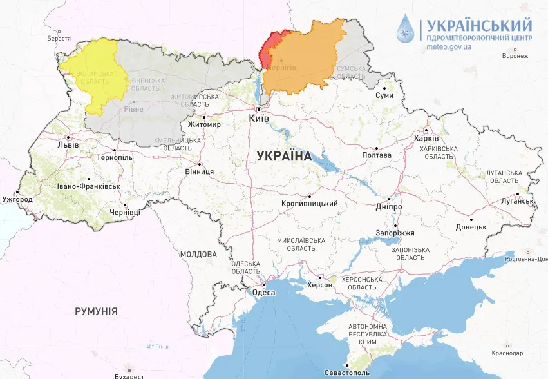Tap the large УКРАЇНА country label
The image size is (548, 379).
click(x=283, y=156)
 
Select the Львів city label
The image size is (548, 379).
click(x=68, y=144)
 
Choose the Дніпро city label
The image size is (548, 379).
click(x=388, y=207)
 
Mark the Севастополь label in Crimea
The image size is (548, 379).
click(x=347, y=373)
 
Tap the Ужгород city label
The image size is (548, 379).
click(x=17, y=200)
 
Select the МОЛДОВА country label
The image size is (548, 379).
click(x=198, y=254)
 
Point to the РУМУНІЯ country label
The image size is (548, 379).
click(x=96, y=311)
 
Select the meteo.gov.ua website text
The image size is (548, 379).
click(x=449, y=47)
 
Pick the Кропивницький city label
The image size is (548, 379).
click(x=310, y=204)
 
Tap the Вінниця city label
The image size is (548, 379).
click(x=199, y=172)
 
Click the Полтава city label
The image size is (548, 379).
click(x=377, y=155)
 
